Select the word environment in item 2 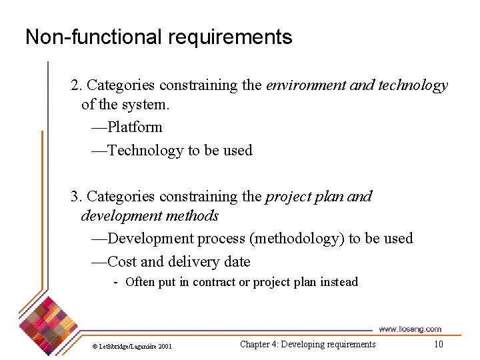coord(306,85)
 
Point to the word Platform coord(135,127)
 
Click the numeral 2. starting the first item coord(77,85)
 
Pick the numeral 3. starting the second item coord(77,197)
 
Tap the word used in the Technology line coord(238,151)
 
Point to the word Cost coord(122,262)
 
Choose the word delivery coord(195,262)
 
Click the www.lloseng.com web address coord(410,329)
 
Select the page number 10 coord(438,344)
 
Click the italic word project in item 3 coord(287,197)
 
